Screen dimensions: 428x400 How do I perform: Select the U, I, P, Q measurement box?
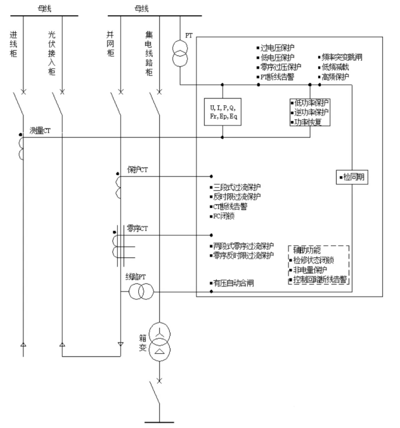tap(223, 112)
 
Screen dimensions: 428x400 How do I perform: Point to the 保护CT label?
tap(138, 169)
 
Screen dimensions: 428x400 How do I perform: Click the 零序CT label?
tap(138, 227)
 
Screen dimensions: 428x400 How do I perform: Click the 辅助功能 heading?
tap(306, 250)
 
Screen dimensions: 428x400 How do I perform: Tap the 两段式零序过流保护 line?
tap(242, 245)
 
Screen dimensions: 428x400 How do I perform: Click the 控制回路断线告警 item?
tap(319, 279)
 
